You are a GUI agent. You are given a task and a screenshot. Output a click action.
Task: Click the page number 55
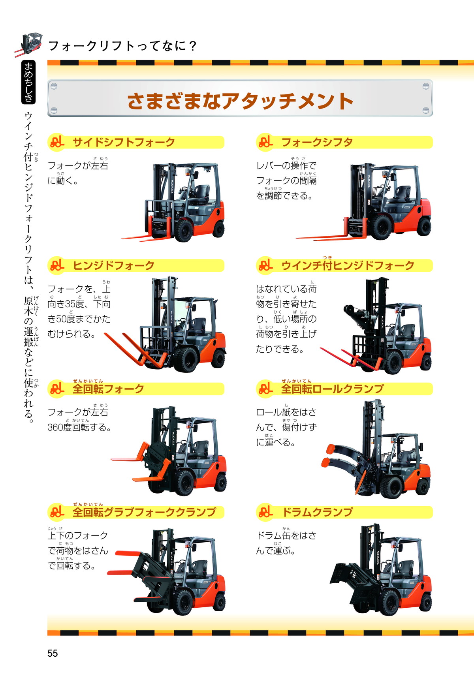pos(53,653)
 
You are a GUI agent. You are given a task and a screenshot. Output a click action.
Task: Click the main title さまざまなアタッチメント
pos(240,101)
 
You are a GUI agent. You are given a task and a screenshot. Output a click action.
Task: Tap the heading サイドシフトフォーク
pos(124,142)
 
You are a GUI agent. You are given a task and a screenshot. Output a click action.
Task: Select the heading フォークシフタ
pos(317,142)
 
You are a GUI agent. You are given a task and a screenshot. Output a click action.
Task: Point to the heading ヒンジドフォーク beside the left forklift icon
pos(113,265)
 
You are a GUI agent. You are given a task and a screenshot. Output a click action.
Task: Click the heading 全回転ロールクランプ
pos(332,389)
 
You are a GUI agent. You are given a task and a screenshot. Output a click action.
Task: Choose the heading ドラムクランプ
pos(317,512)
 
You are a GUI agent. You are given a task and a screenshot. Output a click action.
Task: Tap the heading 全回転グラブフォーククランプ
pos(144,512)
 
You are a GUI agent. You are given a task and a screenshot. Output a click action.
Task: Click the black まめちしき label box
pos(28,82)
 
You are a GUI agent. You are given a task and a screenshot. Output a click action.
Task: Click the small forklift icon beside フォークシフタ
pos(265,142)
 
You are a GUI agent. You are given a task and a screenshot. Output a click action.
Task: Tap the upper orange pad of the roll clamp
pos(330,449)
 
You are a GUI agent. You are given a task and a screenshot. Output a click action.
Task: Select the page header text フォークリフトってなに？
pos(122,46)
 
